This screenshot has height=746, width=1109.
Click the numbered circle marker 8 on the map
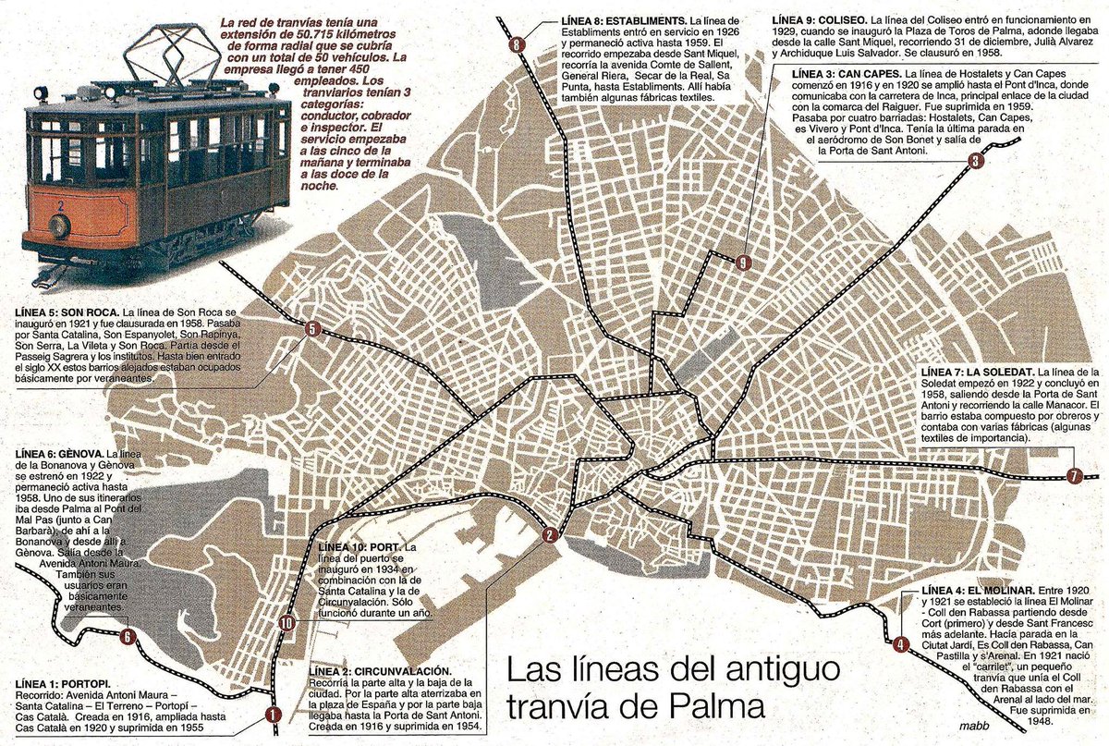click(x=516, y=44)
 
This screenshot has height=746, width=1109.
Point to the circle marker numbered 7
click(x=1073, y=477)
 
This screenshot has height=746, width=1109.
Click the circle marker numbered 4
click(x=899, y=644)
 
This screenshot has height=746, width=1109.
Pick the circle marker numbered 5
click(x=312, y=329)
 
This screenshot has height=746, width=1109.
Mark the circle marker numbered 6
click(x=128, y=636)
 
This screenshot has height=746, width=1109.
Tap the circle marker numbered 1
click(x=272, y=714)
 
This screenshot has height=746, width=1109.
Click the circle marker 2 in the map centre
click(x=550, y=534)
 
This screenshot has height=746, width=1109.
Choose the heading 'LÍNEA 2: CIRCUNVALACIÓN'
click(x=380, y=670)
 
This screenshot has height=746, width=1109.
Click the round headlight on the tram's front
click(x=59, y=226)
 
